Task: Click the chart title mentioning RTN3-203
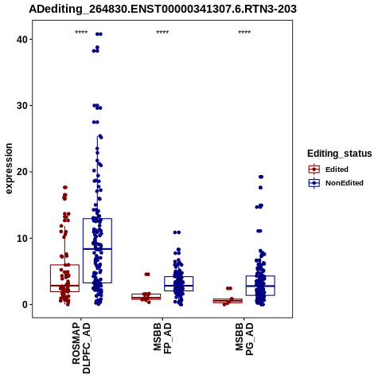click(x=162, y=9)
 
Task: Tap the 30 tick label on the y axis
click(x=22, y=106)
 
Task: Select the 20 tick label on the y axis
click(x=22, y=172)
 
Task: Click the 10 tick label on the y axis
click(x=22, y=238)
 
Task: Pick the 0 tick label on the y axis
click(x=25, y=305)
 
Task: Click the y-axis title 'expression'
click(x=9, y=169)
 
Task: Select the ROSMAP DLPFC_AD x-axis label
click(x=81, y=348)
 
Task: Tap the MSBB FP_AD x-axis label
click(x=162, y=338)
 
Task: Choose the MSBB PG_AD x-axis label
click(x=244, y=339)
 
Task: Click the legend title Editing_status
click(x=340, y=154)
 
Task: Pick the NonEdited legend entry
click(x=336, y=183)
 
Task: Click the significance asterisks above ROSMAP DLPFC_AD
click(x=81, y=33)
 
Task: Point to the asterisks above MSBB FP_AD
click(x=162, y=33)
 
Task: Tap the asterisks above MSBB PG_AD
click(x=244, y=33)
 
